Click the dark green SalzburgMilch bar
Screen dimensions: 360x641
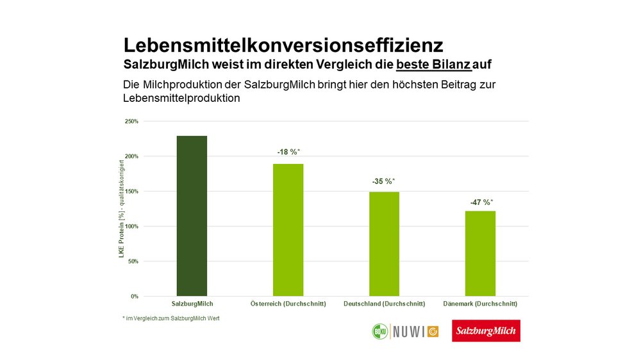192,216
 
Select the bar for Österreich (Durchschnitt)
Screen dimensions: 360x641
287,230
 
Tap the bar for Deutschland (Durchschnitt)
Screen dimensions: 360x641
383,244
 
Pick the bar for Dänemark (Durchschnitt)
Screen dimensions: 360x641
479,254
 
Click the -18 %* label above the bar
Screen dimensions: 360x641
288,152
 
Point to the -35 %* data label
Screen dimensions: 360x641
383,181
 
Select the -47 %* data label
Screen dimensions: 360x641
479,202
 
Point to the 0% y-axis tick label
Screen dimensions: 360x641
133,297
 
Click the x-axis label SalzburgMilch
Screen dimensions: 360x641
192,304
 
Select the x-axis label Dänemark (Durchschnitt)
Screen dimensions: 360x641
479,304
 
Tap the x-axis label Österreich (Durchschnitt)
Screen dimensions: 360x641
287,304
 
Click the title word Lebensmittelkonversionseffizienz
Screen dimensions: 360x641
283,46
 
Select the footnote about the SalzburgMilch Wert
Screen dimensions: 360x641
171,318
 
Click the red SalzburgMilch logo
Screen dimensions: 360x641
486,331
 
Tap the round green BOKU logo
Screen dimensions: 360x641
381,331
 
